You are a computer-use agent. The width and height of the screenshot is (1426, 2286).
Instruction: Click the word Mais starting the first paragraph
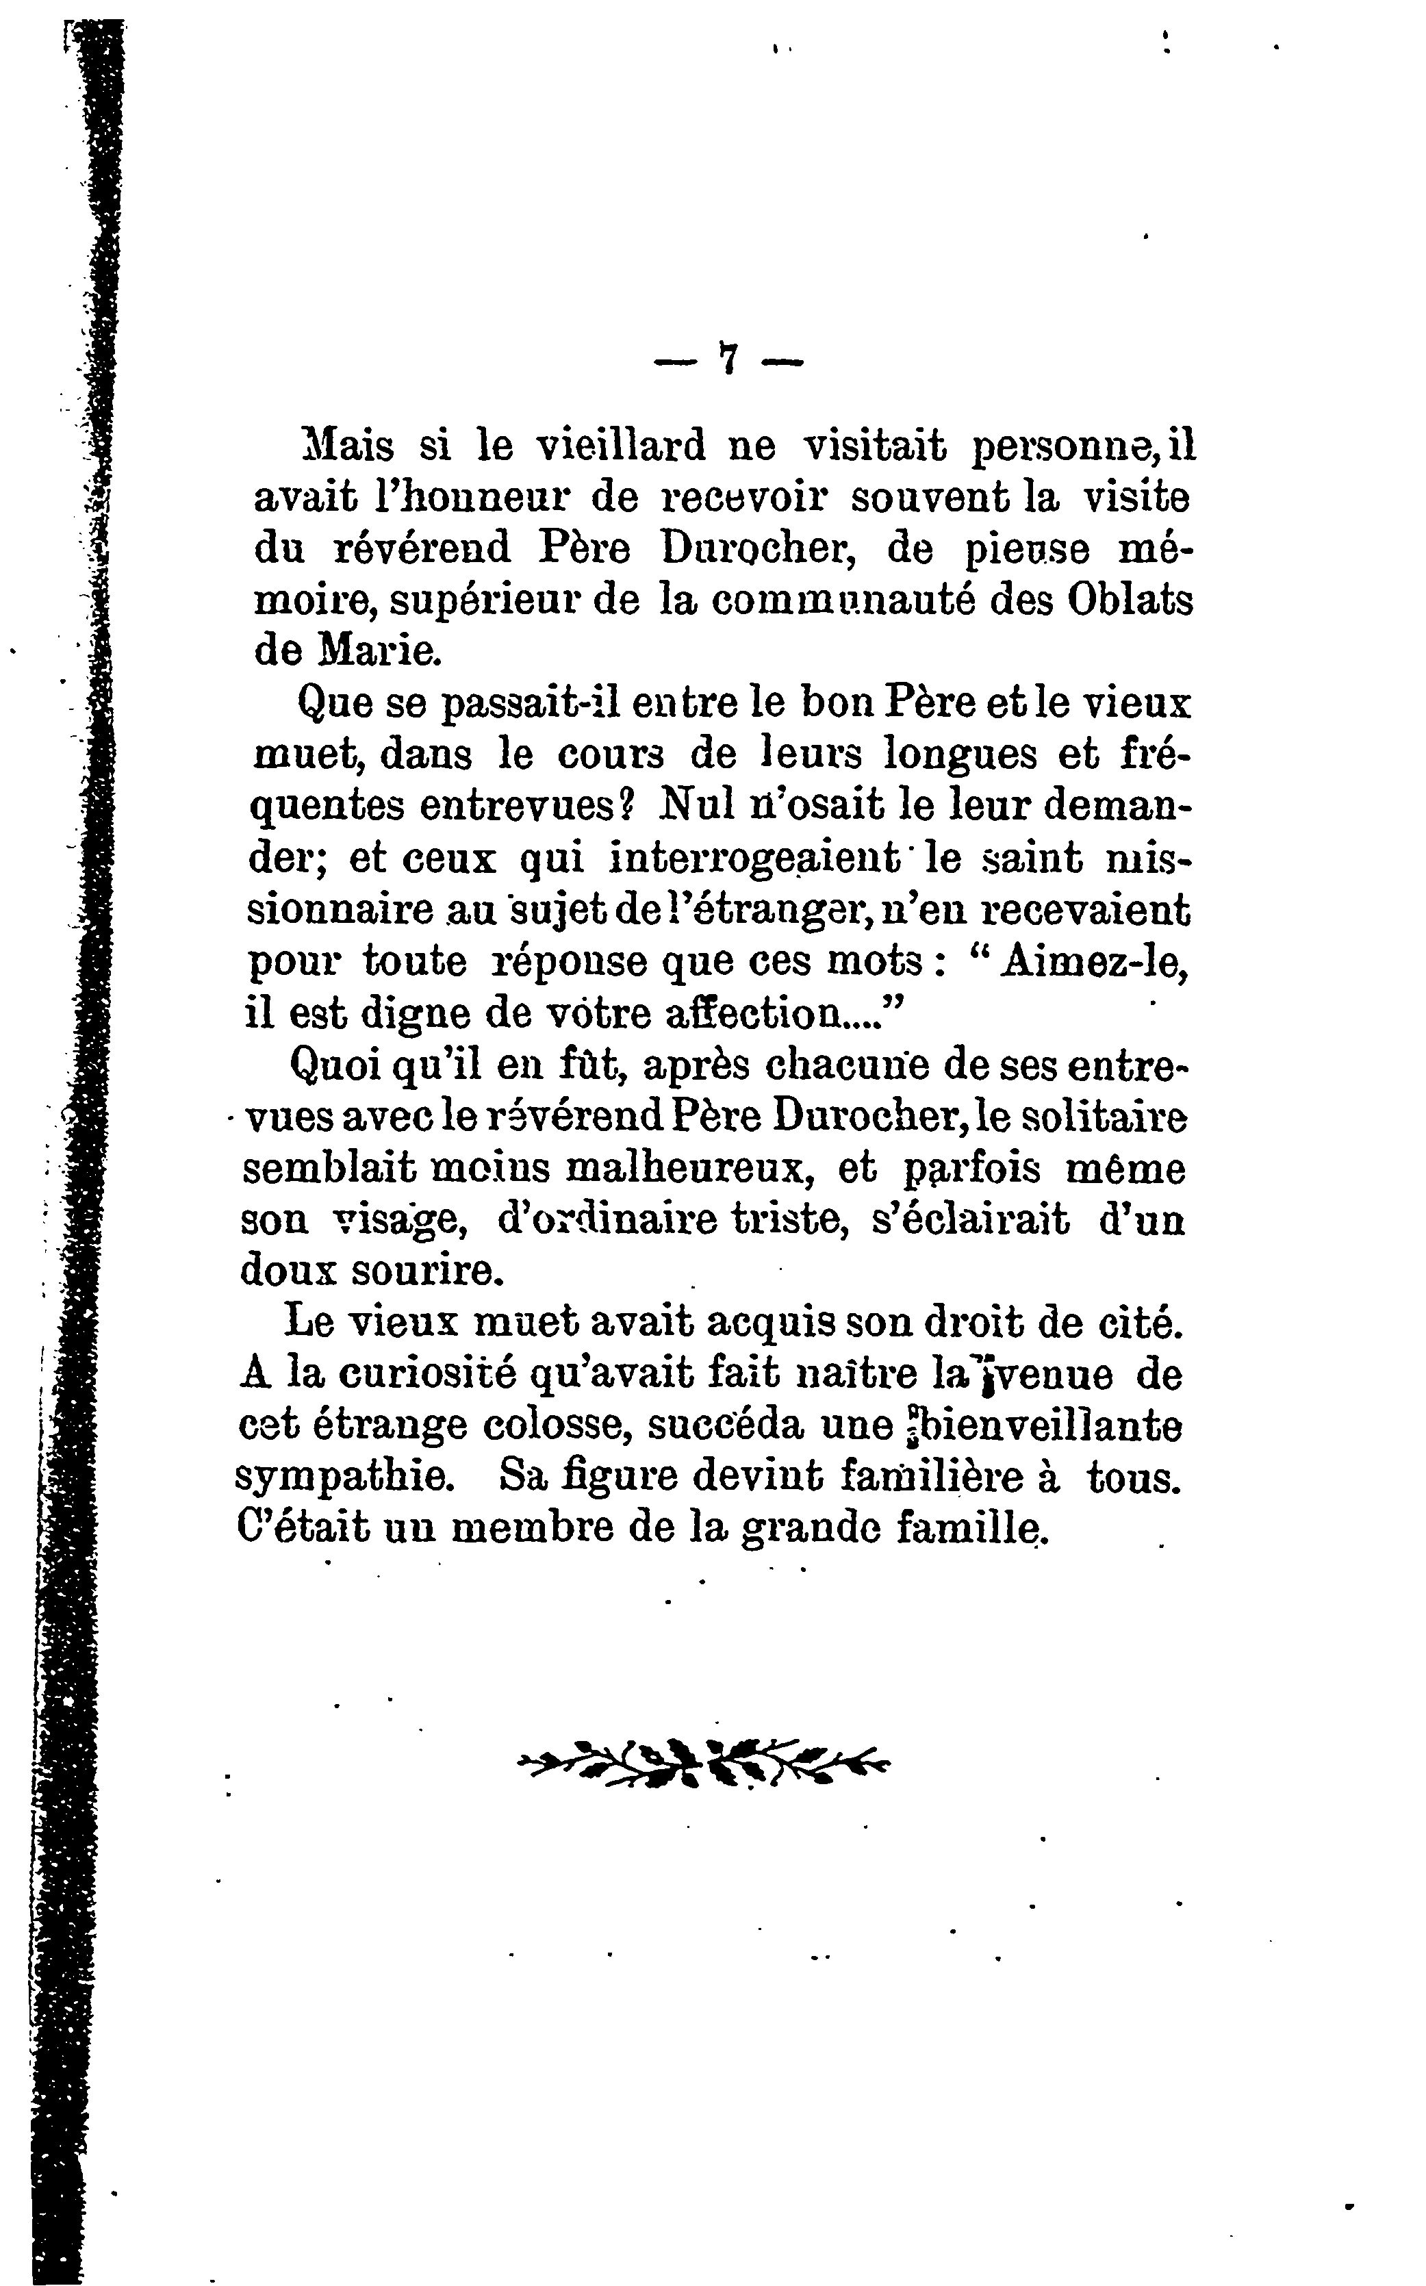pos(345,445)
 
